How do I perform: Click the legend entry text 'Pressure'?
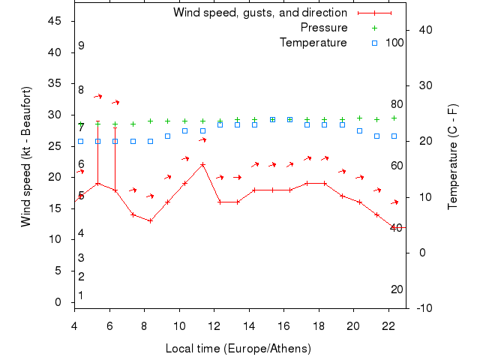[324, 28]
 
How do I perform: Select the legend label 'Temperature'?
[313, 43]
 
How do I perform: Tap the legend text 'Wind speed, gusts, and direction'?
[260, 13]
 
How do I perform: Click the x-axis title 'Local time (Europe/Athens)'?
[238, 349]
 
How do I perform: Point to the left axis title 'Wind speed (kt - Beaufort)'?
[25, 157]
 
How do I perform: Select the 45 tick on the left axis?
[55, 21]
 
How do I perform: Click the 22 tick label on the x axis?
[388, 325]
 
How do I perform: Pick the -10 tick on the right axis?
[422, 307]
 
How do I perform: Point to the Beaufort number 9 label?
[81, 46]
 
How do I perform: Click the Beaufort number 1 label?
[80, 295]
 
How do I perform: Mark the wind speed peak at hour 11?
[202, 164]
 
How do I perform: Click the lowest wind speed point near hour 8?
[150, 220]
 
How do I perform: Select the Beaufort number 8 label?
[81, 90]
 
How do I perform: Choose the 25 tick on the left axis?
[55, 146]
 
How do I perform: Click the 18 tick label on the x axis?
[319, 325]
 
